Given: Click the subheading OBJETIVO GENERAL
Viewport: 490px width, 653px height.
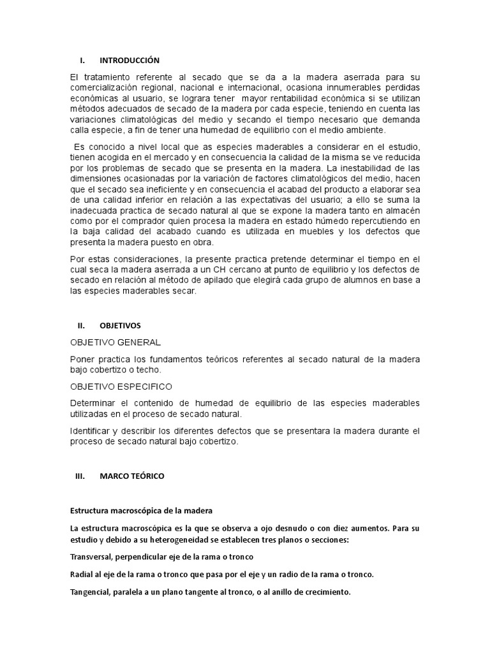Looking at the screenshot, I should pyautogui.click(x=115, y=342).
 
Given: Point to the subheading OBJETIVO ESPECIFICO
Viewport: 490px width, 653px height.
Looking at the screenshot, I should pyautogui.click(x=121, y=386).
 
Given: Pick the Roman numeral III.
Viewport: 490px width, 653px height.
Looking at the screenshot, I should pyautogui.click(x=80, y=476).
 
